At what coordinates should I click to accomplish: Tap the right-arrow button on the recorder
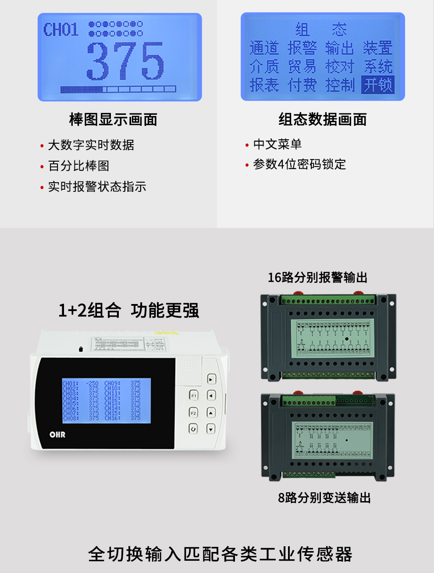[211, 379]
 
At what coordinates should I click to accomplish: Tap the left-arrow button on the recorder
[211, 396]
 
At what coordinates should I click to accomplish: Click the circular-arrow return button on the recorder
[193, 428]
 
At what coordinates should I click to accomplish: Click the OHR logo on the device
[57, 434]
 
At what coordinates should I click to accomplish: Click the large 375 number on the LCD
[125, 61]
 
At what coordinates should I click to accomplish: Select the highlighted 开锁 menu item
[378, 85]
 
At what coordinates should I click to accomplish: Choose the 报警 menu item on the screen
[302, 48]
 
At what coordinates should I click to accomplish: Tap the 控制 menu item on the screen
[340, 85]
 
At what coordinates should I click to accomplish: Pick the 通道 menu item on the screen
[264, 48]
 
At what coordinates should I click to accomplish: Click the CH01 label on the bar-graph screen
[60, 30]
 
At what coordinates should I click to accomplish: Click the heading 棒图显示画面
[113, 119]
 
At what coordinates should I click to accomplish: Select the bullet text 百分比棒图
[78, 166]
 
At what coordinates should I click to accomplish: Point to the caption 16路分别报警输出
[317, 277]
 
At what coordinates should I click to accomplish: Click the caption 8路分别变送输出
[324, 498]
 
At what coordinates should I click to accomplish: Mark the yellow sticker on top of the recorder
[166, 333]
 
